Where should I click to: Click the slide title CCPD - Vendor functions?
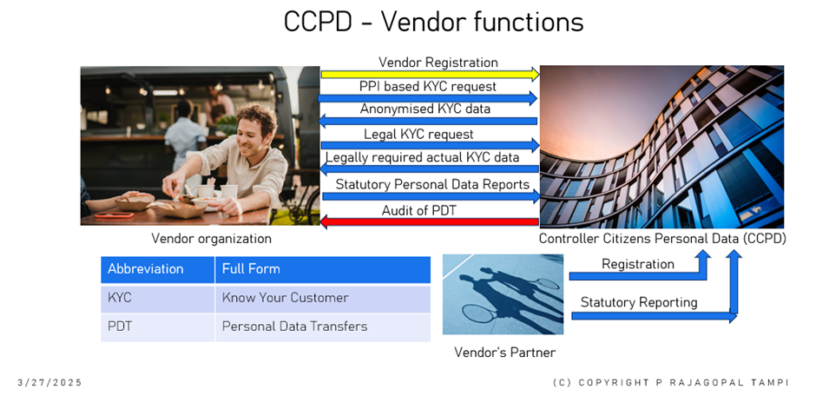(x=433, y=23)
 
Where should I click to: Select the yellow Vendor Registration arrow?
(x=430, y=75)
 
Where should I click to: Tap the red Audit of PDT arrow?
(x=429, y=222)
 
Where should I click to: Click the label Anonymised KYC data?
(x=424, y=109)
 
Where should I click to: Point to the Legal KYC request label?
(x=418, y=135)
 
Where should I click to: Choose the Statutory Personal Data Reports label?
(x=432, y=184)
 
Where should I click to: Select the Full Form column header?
(x=323, y=269)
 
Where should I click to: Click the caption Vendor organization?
(x=211, y=239)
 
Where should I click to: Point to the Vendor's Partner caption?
(x=505, y=353)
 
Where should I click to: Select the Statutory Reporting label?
(x=639, y=302)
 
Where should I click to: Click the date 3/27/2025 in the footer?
(x=50, y=382)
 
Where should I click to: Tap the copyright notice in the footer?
(x=671, y=382)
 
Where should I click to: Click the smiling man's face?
(x=255, y=131)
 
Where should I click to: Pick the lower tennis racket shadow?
(x=479, y=313)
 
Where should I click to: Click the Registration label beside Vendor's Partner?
(x=637, y=264)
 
